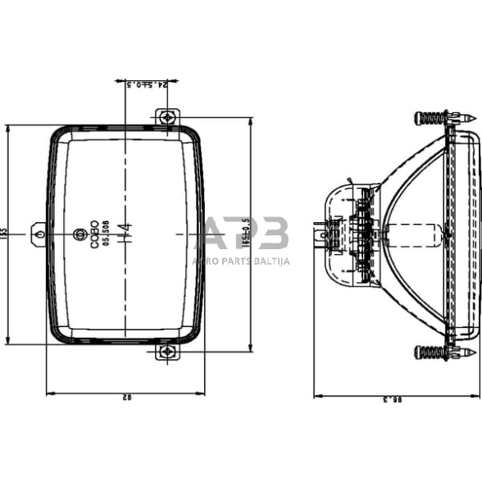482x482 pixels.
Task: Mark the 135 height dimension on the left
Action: tap(5, 234)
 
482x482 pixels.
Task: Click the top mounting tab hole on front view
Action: tap(167, 117)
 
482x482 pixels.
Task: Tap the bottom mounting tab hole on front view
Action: tap(167, 352)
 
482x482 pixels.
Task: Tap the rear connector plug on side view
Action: tap(320, 234)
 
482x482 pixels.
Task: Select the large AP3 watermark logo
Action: tap(246, 234)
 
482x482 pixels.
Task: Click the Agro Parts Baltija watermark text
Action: tap(240, 261)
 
